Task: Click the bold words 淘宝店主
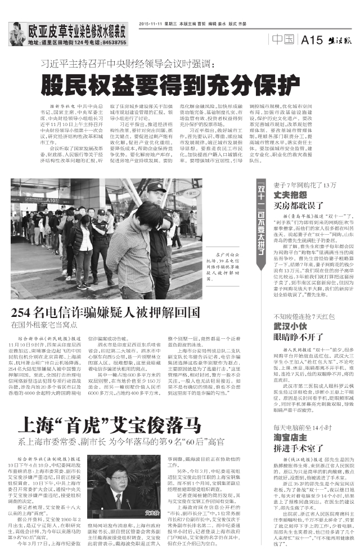[286, 437]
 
